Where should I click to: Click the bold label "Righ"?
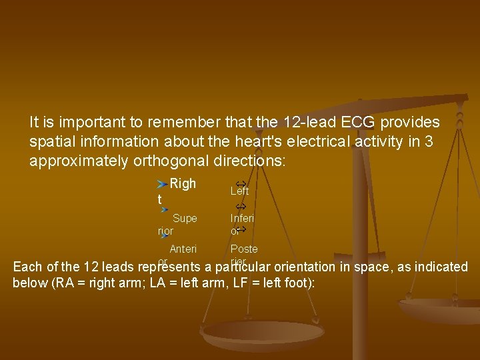click(x=183, y=184)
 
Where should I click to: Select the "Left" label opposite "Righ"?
click(x=239, y=191)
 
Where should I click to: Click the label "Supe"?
click(x=185, y=218)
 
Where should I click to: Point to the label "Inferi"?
click(x=242, y=218)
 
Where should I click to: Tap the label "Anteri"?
click(x=183, y=249)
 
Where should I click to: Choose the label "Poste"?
click(x=244, y=249)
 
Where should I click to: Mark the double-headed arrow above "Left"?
click(x=242, y=182)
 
